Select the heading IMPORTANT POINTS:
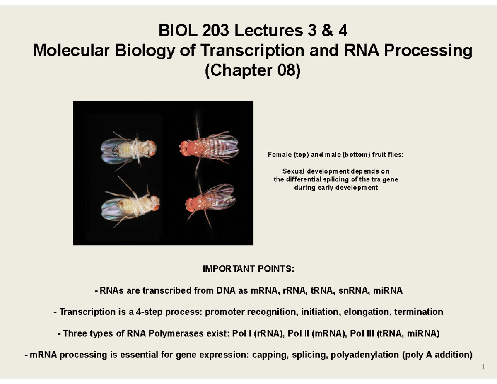pyautogui.click(x=248, y=269)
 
